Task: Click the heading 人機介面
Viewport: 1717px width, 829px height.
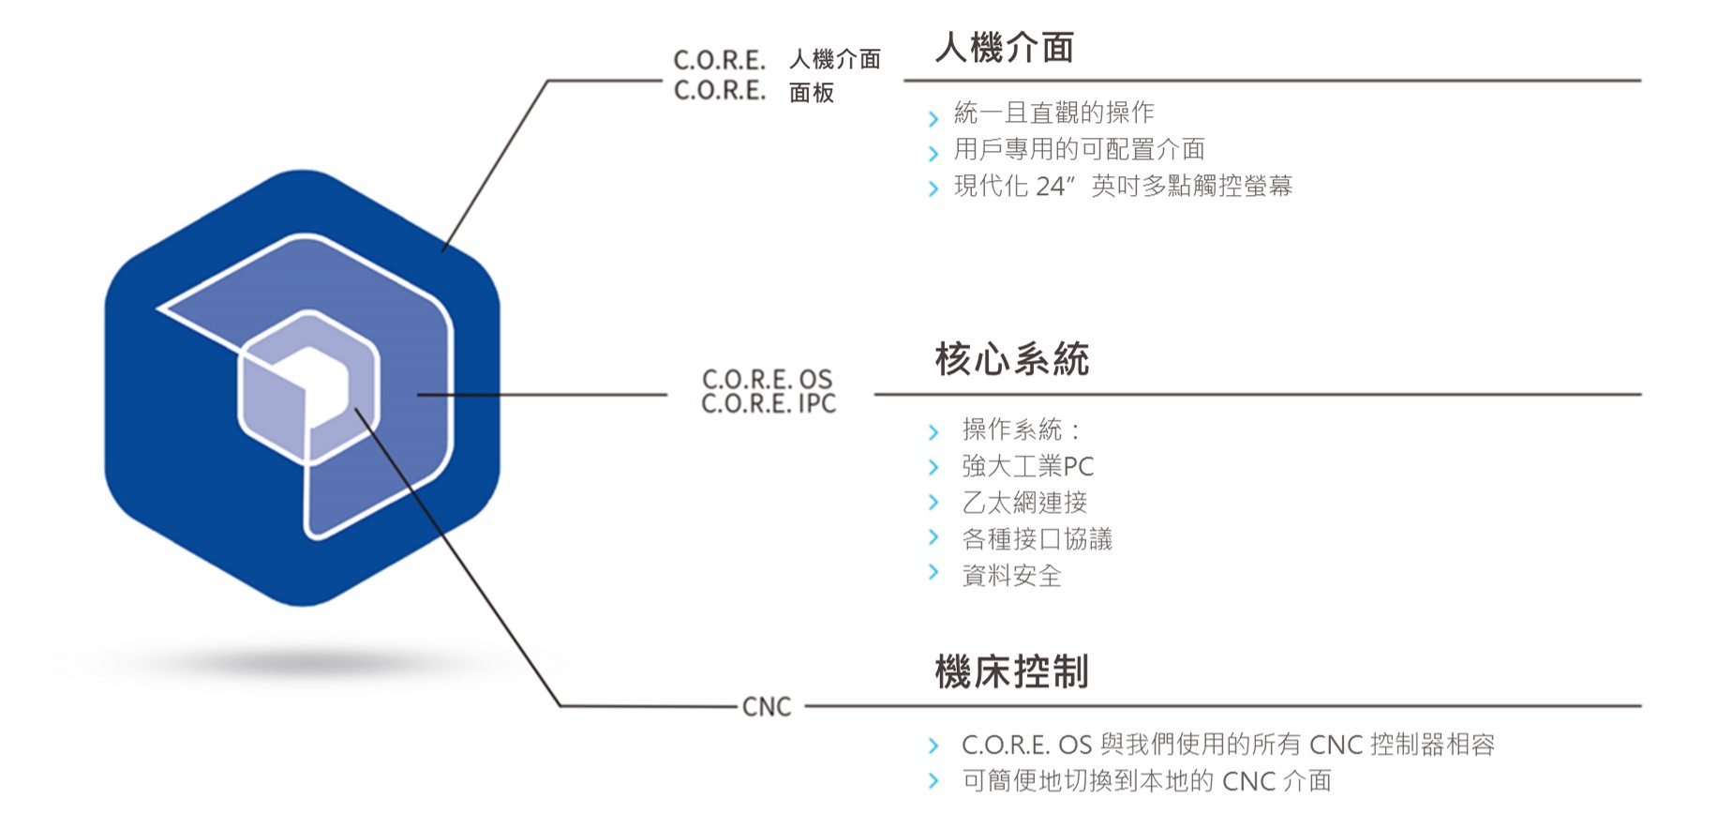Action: [1004, 48]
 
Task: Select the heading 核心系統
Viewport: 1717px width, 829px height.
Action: [1011, 359]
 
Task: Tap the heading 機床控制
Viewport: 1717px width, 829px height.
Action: [1011, 671]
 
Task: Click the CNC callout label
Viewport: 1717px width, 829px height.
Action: [766, 707]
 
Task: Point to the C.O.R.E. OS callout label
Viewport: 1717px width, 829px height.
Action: [767, 379]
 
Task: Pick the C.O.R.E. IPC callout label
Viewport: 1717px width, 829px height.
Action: [769, 404]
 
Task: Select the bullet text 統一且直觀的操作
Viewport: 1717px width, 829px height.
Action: [1053, 113]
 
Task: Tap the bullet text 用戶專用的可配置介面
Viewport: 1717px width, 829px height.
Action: [1079, 149]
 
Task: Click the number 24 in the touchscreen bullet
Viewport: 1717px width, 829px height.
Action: [1050, 187]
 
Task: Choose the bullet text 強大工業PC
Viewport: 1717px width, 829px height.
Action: [1027, 466]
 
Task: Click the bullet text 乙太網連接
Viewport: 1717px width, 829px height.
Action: [1024, 503]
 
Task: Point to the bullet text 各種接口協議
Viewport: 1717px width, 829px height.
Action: [1037, 539]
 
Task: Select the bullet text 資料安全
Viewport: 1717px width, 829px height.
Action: [1011, 576]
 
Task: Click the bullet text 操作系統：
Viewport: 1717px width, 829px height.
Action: [1022, 430]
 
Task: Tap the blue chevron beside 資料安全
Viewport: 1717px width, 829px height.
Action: [933, 572]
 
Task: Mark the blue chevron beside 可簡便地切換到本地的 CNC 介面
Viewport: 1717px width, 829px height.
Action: [933, 780]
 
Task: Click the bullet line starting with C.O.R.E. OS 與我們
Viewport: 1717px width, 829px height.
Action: [1227, 745]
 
